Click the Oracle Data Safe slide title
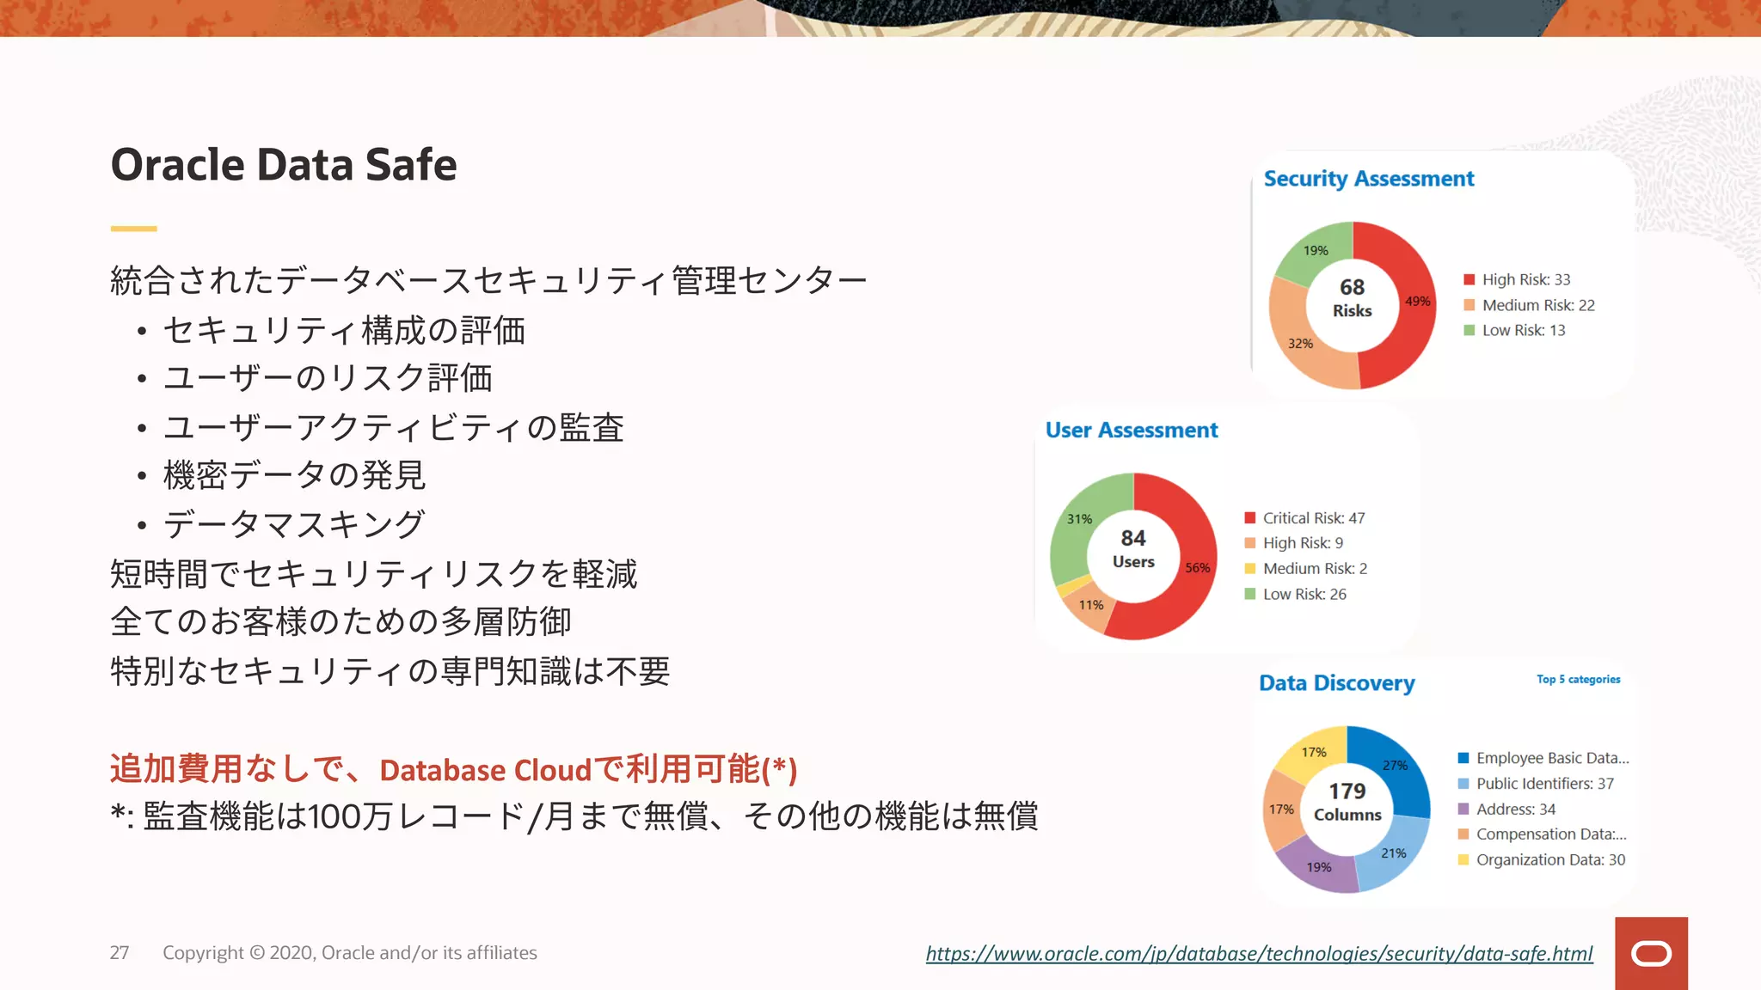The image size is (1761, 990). [284, 164]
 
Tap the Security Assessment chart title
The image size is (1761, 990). [1368, 179]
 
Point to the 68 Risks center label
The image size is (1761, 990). [1353, 297]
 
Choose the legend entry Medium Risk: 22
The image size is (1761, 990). [1537, 305]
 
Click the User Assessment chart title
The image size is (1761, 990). [1132, 430]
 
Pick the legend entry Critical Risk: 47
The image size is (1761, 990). [1313, 518]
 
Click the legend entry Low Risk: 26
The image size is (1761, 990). [1304, 594]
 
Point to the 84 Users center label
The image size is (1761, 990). [1133, 548]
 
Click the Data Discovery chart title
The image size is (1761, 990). [1336, 683]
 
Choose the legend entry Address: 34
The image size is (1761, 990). [1515, 809]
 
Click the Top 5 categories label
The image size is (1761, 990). [1578, 679]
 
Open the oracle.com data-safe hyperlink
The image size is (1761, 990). [1259, 953]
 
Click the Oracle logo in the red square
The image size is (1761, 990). [1651, 953]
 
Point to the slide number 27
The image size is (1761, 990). [120, 953]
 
